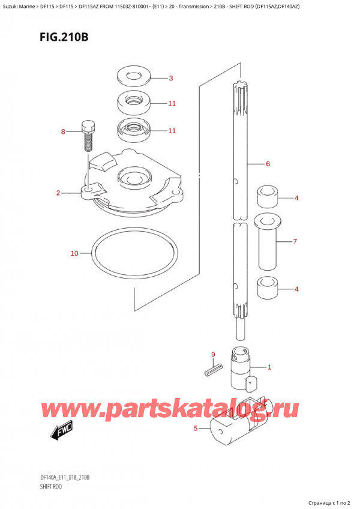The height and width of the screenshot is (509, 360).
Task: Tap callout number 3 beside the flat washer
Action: click(170, 78)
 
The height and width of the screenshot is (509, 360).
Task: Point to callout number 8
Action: click(62, 131)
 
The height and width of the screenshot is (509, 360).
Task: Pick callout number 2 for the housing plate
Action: click(58, 193)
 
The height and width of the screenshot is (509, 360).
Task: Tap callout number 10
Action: click(74, 253)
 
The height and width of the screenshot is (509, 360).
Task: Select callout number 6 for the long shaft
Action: click(268, 164)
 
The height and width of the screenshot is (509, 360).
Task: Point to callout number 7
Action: click(295, 242)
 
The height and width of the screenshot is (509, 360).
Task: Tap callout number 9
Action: click(212, 354)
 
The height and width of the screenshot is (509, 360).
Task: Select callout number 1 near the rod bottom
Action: click(269, 367)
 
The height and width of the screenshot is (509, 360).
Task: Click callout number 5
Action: click(196, 428)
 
